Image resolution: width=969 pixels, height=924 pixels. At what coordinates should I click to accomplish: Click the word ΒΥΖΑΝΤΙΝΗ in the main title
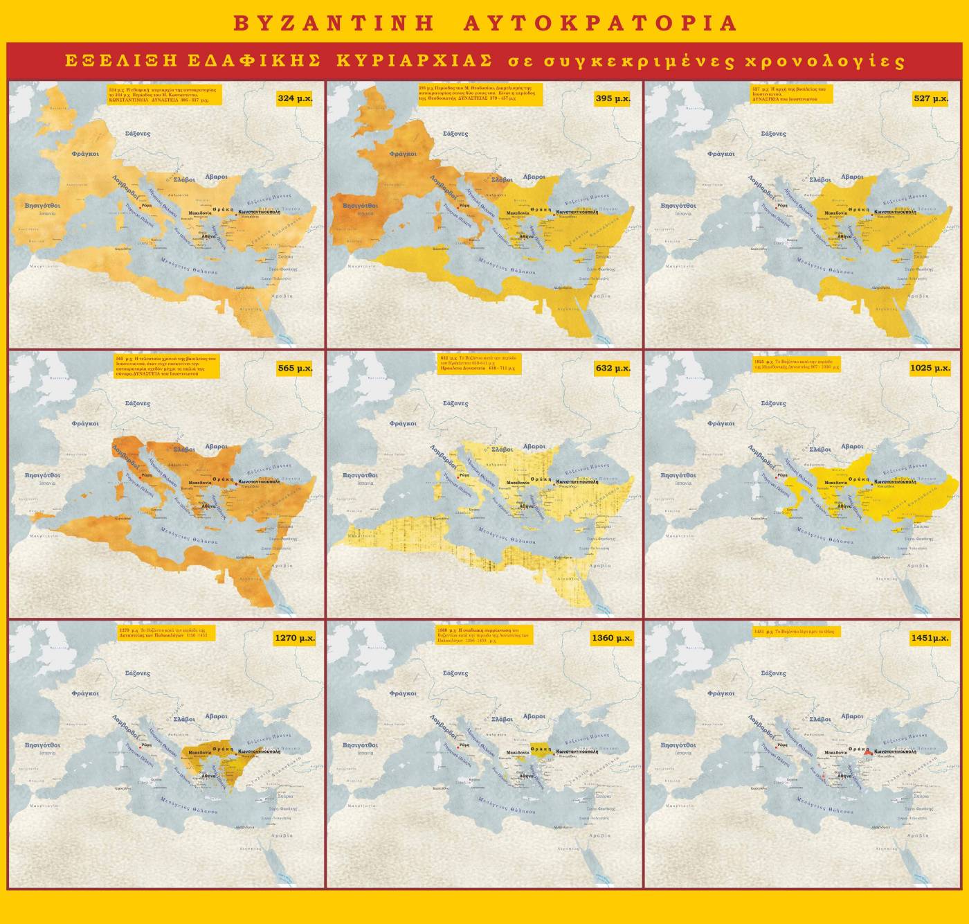point(334,23)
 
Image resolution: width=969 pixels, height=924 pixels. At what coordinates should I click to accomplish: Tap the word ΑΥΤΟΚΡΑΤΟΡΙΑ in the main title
point(599,23)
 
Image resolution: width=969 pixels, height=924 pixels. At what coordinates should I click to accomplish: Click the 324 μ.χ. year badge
point(295,98)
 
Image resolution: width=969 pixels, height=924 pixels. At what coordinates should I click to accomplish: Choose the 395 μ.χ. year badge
point(613,98)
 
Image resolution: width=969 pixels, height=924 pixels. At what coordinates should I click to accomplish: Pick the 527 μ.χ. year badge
point(931,98)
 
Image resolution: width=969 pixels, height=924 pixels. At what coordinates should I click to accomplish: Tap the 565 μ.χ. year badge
point(295,368)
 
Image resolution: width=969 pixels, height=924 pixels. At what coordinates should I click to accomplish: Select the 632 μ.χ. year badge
point(613,368)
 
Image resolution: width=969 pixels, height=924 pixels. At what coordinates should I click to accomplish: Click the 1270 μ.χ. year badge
point(295,638)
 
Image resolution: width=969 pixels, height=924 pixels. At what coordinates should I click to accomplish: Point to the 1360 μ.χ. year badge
point(613,638)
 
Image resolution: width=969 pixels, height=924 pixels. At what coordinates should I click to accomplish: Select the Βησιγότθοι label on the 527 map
point(679,206)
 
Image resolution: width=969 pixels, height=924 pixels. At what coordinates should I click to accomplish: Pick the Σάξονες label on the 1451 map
point(773,673)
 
